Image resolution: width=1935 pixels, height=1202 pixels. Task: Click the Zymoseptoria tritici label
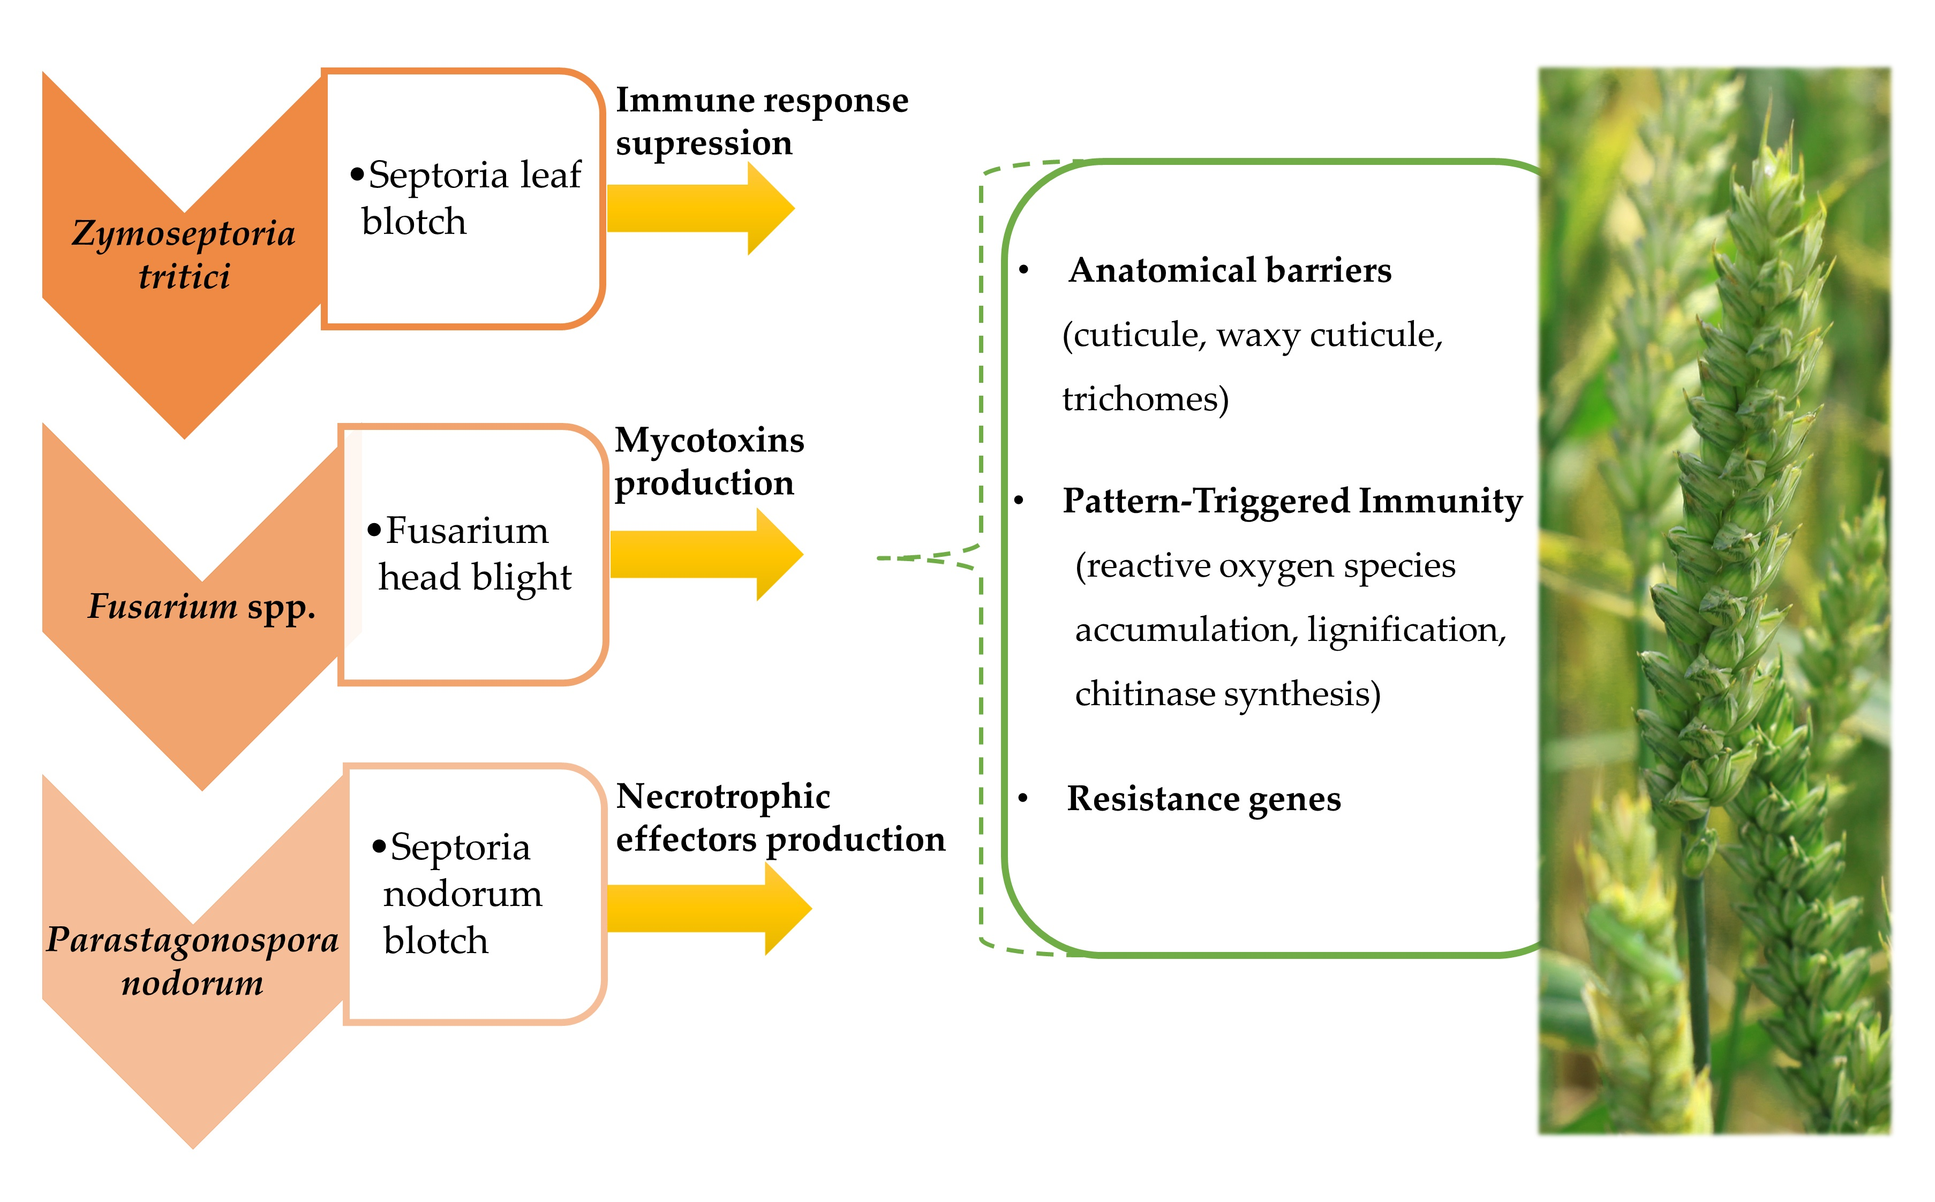point(184,254)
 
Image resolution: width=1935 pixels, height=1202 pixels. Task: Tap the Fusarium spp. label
point(201,607)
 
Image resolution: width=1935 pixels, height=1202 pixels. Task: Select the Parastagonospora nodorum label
point(192,961)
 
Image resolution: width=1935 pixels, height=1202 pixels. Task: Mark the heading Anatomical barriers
point(1229,270)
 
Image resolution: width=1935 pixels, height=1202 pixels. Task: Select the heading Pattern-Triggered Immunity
point(1292,501)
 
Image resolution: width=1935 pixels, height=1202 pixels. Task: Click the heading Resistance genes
point(1203,799)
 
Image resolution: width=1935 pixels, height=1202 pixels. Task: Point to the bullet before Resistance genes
point(1023,799)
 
